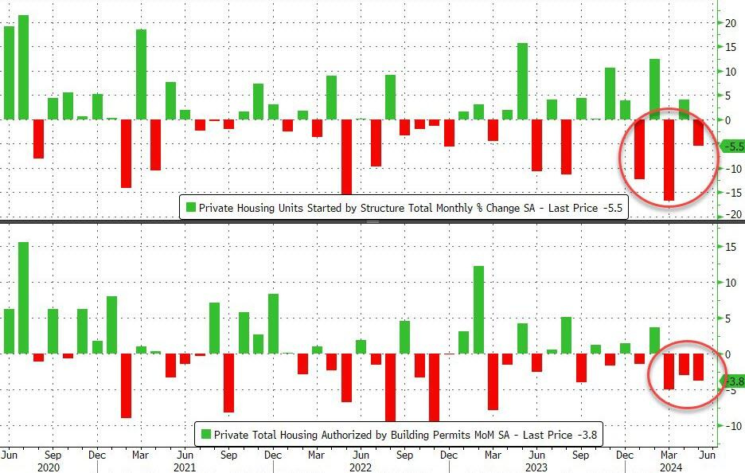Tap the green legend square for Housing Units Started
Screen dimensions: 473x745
tap(190, 208)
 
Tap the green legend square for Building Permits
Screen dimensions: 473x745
tap(206, 434)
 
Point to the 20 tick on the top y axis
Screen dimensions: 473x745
tap(729, 23)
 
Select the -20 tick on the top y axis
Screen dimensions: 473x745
tap(727, 215)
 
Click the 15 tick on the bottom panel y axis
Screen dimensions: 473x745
tap(729, 247)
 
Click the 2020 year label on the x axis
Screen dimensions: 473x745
tap(49, 467)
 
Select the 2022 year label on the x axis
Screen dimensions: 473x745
tap(361, 467)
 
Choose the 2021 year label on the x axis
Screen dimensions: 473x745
tap(185, 467)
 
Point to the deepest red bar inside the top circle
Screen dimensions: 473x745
tap(669, 159)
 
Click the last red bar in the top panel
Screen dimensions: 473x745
tap(698, 132)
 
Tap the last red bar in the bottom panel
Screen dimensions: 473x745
tap(698, 367)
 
